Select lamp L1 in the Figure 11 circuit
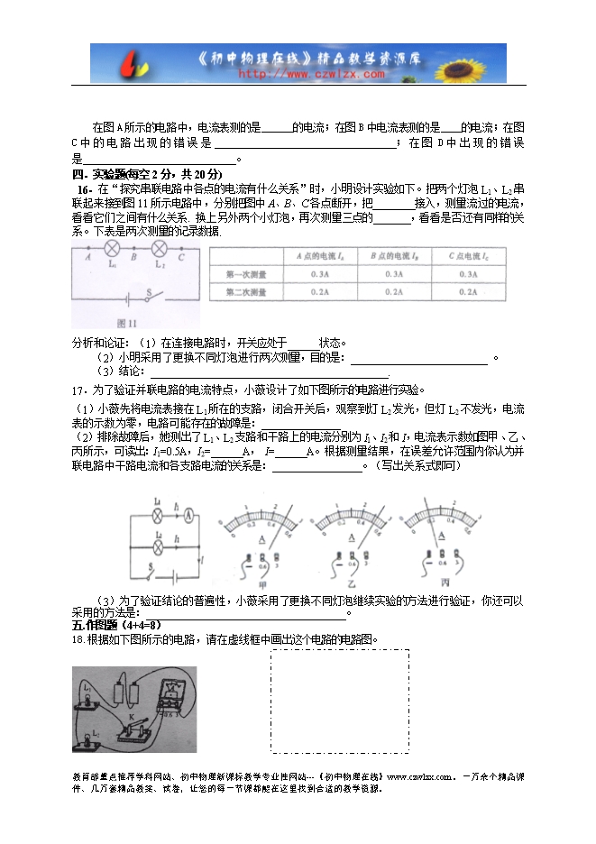pos(113,249)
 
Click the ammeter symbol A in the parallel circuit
pos(188,515)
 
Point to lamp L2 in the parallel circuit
pos(159,546)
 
